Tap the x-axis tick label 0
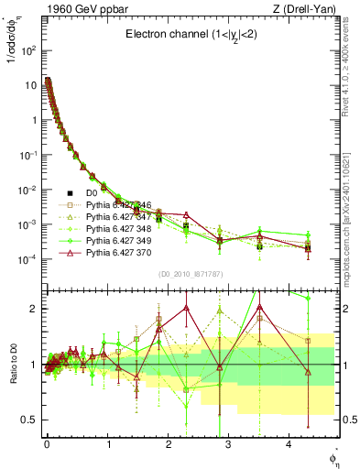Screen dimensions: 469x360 point(47,443)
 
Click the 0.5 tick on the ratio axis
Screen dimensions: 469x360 point(29,420)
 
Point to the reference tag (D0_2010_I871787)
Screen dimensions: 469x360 point(191,273)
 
